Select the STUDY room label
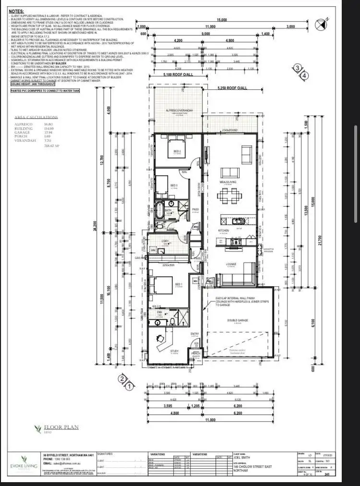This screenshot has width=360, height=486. (175, 351)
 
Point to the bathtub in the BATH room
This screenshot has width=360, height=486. (158, 210)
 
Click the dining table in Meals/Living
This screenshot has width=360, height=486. (229, 195)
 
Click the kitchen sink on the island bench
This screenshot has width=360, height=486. (237, 221)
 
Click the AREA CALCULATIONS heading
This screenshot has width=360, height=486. (36, 117)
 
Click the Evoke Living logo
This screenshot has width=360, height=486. (18, 462)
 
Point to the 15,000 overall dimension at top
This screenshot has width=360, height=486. (220, 20)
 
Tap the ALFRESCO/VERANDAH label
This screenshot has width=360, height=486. (179, 110)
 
